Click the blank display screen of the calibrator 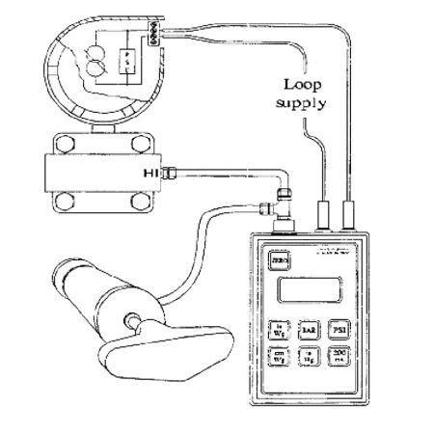click(310, 291)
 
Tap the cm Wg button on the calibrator click(277, 357)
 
